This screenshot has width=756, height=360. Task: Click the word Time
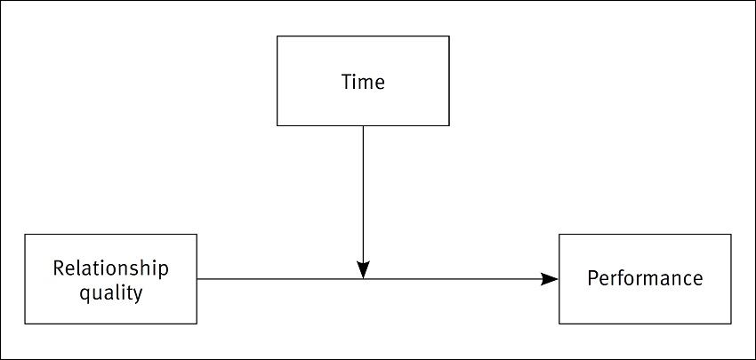coord(363,82)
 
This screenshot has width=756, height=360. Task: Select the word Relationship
coord(110,268)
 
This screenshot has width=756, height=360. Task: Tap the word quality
coord(110,292)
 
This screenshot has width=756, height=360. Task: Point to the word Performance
coord(645,278)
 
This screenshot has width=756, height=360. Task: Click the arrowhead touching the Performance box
coord(551,279)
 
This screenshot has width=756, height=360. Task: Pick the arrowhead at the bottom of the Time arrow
coord(363,269)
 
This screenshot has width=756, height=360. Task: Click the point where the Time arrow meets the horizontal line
coord(363,279)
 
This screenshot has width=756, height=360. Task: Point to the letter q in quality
coord(84,292)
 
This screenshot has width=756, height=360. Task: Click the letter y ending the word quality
coord(138,293)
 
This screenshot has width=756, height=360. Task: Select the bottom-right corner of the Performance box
coord(731,323)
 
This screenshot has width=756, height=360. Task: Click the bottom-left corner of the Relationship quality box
coord(25,323)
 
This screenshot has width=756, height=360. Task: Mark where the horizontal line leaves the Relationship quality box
coord(197,279)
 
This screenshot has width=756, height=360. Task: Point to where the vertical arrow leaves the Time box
coord(363,125)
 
